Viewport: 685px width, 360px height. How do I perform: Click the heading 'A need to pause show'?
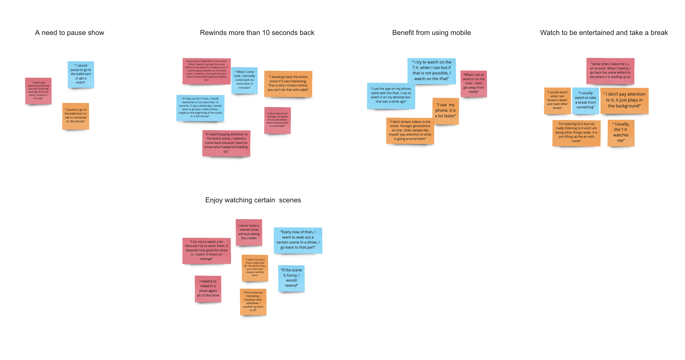69,33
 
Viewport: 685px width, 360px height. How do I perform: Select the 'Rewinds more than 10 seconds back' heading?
257,33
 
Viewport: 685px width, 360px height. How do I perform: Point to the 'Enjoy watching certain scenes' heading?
253,200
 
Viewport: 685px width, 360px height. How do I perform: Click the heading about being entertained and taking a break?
604,33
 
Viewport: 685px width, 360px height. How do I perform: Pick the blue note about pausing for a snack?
81,74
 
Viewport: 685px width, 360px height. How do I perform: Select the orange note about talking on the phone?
76,116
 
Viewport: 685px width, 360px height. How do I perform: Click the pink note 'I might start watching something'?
38,91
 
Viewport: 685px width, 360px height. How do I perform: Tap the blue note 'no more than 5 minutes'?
244,80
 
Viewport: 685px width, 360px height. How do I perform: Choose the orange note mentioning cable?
288,84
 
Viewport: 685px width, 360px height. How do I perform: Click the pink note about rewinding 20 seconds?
277,121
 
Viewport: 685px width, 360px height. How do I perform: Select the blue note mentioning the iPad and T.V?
432,71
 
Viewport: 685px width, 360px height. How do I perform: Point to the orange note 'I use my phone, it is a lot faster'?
445,111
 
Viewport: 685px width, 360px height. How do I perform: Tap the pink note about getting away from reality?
474,84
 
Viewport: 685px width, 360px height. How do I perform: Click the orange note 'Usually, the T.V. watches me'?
621,133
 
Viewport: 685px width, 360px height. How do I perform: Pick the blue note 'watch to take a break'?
586,101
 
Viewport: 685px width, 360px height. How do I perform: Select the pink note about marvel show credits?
249,232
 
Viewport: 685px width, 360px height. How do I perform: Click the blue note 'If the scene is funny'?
291,278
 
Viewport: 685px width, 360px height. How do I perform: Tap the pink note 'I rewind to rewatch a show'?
208,289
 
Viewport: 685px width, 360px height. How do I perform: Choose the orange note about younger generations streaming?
410,131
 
